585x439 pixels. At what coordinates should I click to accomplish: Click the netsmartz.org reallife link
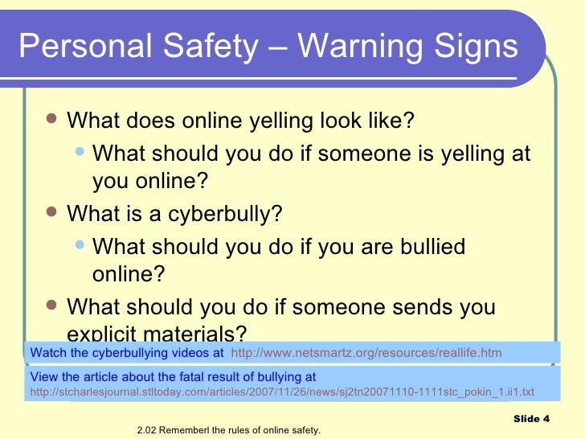tap(366, 352)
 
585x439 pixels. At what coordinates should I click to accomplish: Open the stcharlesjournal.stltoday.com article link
tap(280, 392)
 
